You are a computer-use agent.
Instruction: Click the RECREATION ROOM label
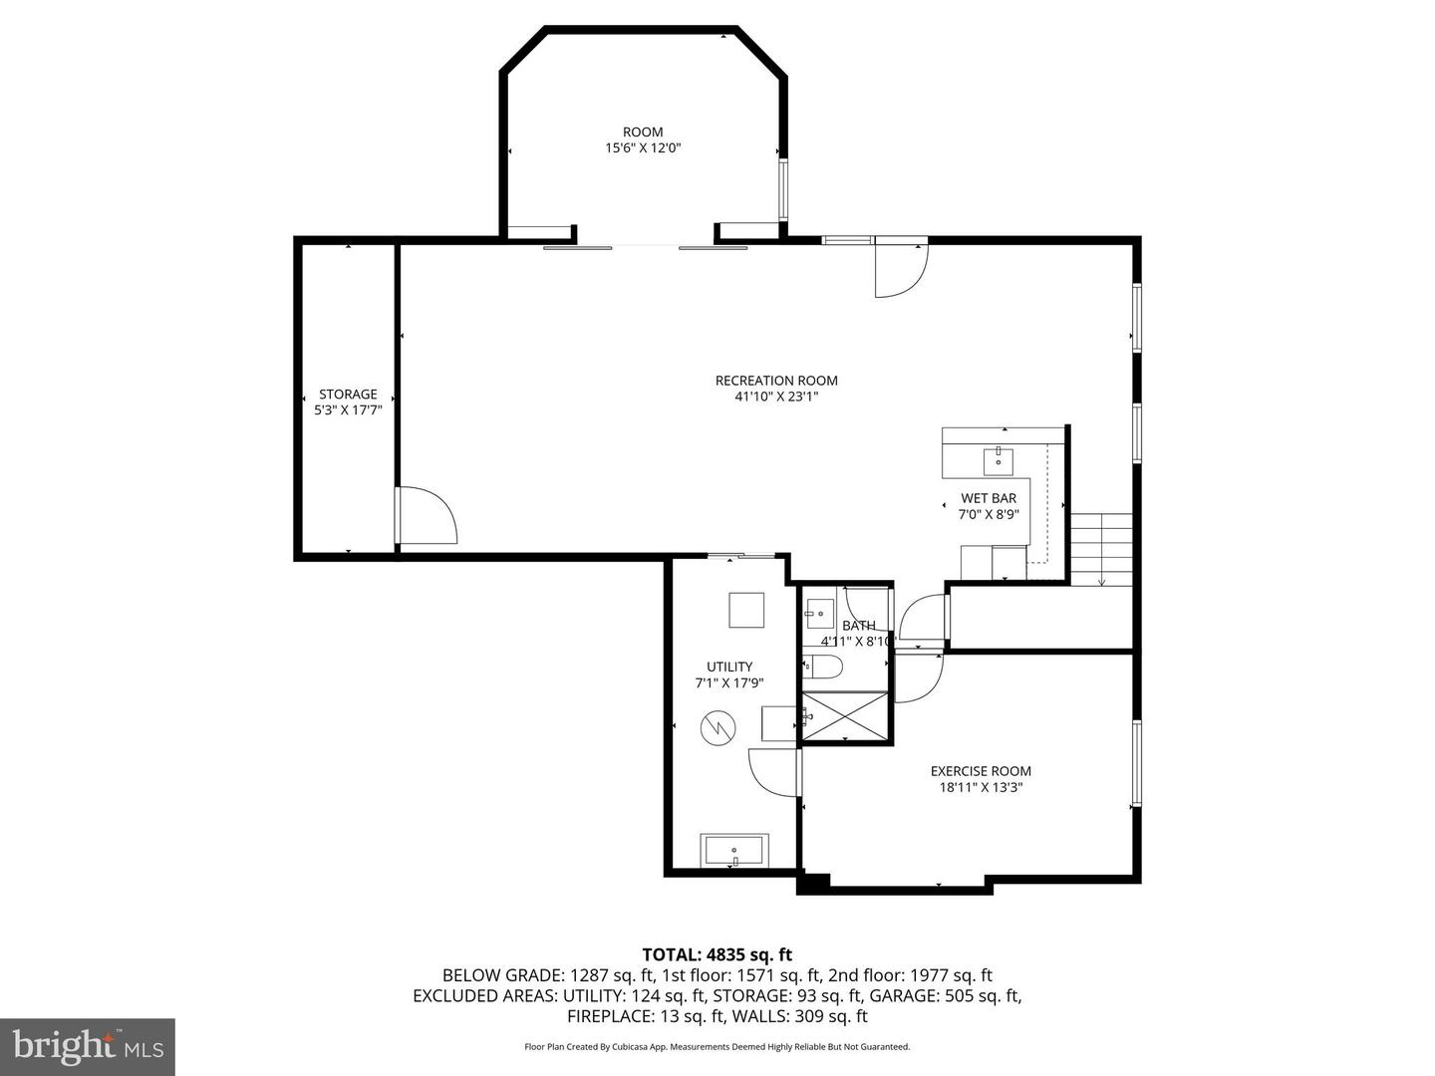point(776,381)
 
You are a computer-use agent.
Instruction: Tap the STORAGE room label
point(348,395)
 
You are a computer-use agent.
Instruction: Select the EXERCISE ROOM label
point(981,771)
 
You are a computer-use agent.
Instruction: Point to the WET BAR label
point(989,498)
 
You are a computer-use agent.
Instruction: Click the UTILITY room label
point(729,667)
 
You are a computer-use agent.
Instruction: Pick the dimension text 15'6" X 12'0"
point(643,148)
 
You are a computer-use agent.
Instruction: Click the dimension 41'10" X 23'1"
point(776,397)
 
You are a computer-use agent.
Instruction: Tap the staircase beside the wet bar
point(1101,549)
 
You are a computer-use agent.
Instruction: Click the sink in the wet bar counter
point(998,461)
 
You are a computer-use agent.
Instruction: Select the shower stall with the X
point(845,716)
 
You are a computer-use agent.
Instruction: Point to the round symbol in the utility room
point(717,729)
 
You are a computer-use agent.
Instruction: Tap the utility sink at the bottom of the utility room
point(733,852)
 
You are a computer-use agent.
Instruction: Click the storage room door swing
point(426,516)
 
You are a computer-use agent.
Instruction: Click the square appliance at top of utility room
point(745,610)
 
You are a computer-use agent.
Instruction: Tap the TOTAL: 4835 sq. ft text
point(717,955)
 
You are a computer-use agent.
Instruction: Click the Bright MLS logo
point(88,1046)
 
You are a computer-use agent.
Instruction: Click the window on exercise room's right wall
point(1135,763)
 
